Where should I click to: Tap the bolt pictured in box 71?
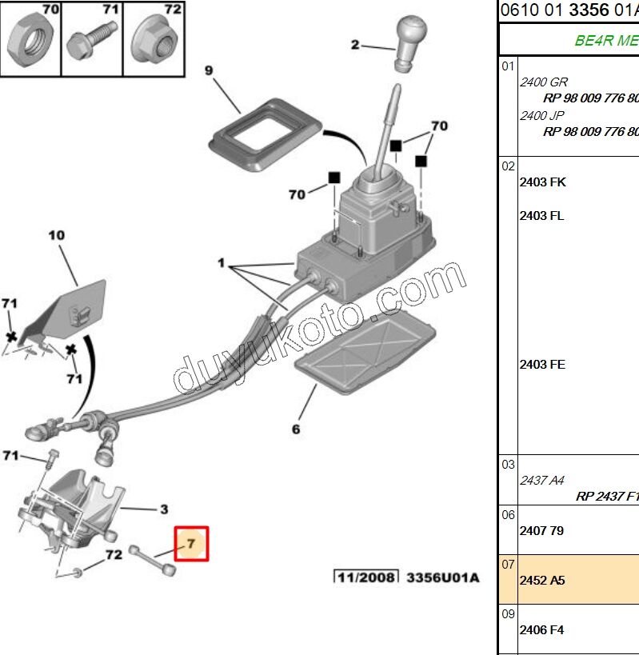(90, 39)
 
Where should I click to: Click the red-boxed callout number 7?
(192, 544)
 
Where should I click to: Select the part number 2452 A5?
(542, 580)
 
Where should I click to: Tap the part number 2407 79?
(542, 529)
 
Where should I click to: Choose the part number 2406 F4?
(542, 629)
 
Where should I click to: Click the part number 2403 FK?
(542, 182)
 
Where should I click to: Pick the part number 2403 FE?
(542, 364)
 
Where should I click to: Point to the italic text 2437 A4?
(542, 480)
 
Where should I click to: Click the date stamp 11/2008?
(365, 577)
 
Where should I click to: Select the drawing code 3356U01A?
(442, 577)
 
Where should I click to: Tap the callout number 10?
(56, 235)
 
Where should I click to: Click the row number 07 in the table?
(508, 565)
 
